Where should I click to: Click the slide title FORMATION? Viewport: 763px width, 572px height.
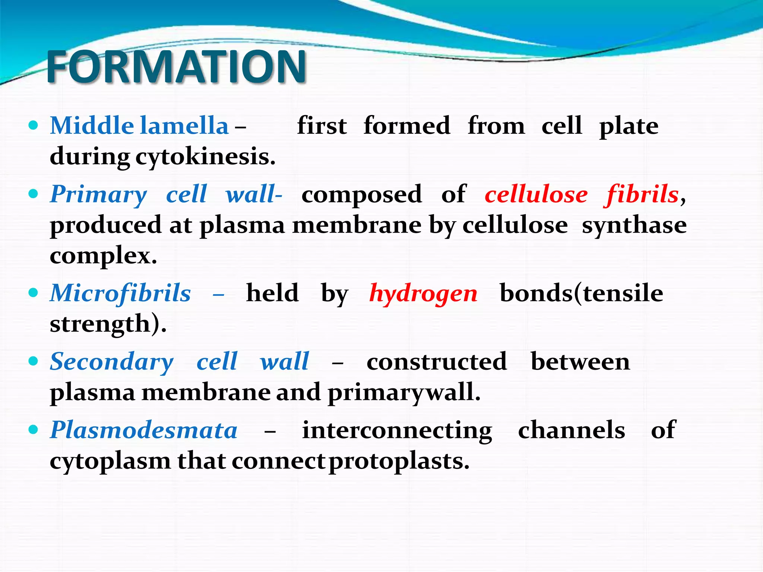tap(176, 67)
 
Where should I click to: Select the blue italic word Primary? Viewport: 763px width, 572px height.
tap(99, 194)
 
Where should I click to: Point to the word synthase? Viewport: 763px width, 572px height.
tap(634, 225)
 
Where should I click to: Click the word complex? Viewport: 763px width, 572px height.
tap(103, 256)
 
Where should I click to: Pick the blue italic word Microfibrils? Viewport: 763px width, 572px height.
tap(120, 293)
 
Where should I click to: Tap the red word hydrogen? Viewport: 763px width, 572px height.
tap(423, 293)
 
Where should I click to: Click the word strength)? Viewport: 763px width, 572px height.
tap(108, 324)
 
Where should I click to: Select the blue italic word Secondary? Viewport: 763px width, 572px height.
tap(112, 362)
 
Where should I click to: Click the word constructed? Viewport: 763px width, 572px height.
tap(437, 362)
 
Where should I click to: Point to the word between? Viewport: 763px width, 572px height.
tap(580, 362)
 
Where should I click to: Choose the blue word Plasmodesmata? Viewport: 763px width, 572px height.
tap(144, 430)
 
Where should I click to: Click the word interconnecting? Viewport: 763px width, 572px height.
tap(397, 430)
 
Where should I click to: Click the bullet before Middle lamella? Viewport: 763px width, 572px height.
tap(33, 125)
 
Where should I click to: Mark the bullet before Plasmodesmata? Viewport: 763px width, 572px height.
tap(33, 430)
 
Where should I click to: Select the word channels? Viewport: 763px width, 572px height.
tap(572, 430)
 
